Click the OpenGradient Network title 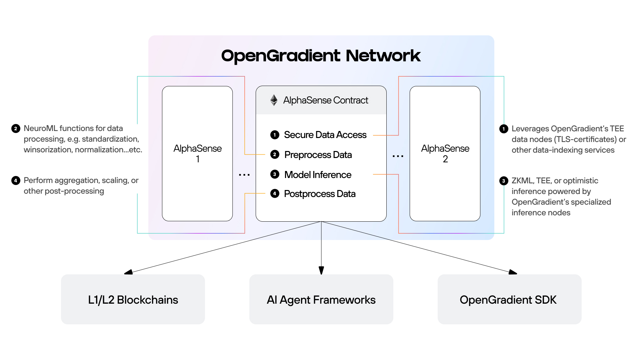tap(321, 56)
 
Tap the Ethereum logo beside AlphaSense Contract tap(274, 100)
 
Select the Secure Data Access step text tap(325, 135)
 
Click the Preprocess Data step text tap(318, 155)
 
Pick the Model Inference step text tap(318, 175)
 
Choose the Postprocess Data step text tap(320, 194)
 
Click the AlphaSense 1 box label tap(197, 153)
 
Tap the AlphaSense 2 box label tap(445, 153)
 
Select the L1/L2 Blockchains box tap(133, 299)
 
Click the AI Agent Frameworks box tap(321, 299)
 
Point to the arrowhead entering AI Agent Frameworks tap(321, 270)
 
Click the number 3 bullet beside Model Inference tap(275, 174)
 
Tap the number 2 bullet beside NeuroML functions tap(16, 128)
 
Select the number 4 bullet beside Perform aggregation tap(16, 180)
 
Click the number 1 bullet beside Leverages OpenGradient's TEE tap(504, 129)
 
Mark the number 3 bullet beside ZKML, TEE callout tap(504, 181)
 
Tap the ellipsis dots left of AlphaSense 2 tap(398, 156)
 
